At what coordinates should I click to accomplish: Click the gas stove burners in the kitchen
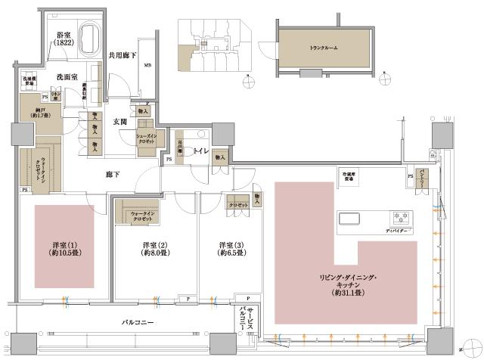pyautogui.click(x=399, y=216)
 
